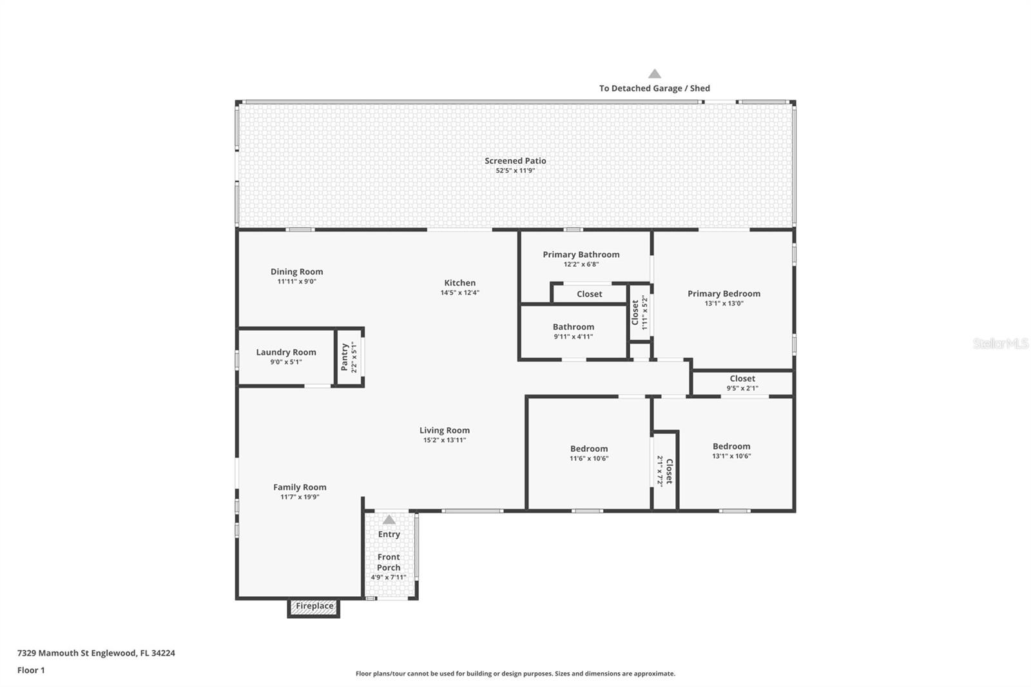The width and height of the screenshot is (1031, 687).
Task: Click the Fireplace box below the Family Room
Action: click(314, 606)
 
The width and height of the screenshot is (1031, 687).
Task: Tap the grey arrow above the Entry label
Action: click(389, 519)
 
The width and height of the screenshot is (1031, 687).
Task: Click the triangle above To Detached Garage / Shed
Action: click(655, 74)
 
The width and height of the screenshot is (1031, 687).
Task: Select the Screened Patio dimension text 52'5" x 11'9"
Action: click(515, 171)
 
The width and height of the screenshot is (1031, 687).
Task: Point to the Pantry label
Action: click(344, 356)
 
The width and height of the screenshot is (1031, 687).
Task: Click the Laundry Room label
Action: click(286, 352)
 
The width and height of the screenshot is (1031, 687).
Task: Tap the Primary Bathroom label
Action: click(581, 255)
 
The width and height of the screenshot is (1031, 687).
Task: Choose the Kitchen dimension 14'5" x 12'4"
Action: click(459, 293)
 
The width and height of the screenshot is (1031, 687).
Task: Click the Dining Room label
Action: click(296, 272)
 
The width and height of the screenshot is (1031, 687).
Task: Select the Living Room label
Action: click(445, 431)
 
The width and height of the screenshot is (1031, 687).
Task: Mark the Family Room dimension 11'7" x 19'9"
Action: click(300, 497)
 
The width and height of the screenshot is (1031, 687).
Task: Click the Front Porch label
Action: click(389, 562)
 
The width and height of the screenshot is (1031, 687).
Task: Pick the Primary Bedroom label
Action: click(724, 294)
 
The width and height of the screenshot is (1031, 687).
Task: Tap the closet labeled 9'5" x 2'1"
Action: click(742, 383)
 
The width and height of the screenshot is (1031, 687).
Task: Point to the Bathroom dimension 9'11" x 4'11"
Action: click(573, 336)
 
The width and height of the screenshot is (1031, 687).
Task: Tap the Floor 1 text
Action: click(31, 670)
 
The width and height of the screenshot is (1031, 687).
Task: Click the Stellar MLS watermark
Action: click(1000, 344)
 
